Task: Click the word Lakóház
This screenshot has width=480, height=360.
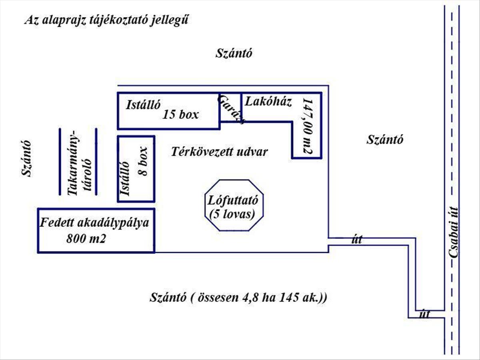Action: click(x=268, y=102)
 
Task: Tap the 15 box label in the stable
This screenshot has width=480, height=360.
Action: click(x=181, y=114)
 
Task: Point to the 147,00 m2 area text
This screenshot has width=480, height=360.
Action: click(x=308, y=126)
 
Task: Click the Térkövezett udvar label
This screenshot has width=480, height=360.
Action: click(x=219, y=152)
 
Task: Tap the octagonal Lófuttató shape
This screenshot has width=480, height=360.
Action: click(x=234, y=180)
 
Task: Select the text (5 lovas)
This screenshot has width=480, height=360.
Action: click(x=232, y=214)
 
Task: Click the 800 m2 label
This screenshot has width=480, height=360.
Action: click(x=86, y=238)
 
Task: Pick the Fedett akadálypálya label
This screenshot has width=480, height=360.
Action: click(x=94, y=223)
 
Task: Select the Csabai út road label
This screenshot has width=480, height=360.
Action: click(x=453, y=232)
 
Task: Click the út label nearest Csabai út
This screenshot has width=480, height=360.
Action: click(x=425, y=314)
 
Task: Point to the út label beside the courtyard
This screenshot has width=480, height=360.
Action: click(x=357, y=239)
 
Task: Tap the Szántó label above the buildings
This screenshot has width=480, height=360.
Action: click(x=234, y=53)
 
